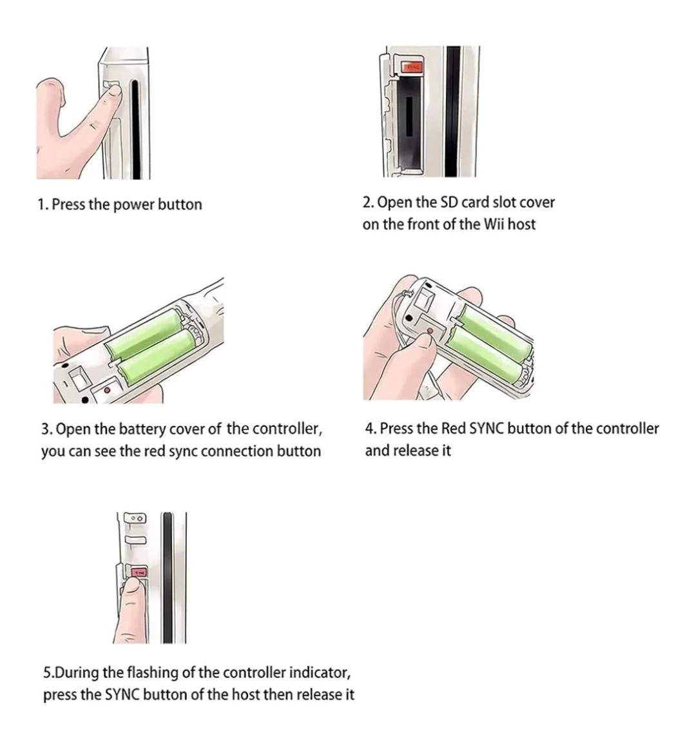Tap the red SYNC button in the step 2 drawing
[413, 67]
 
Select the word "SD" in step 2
[449, 202]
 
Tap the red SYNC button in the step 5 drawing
[140, 572]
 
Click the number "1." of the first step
[43, 205]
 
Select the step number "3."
[46, 429]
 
